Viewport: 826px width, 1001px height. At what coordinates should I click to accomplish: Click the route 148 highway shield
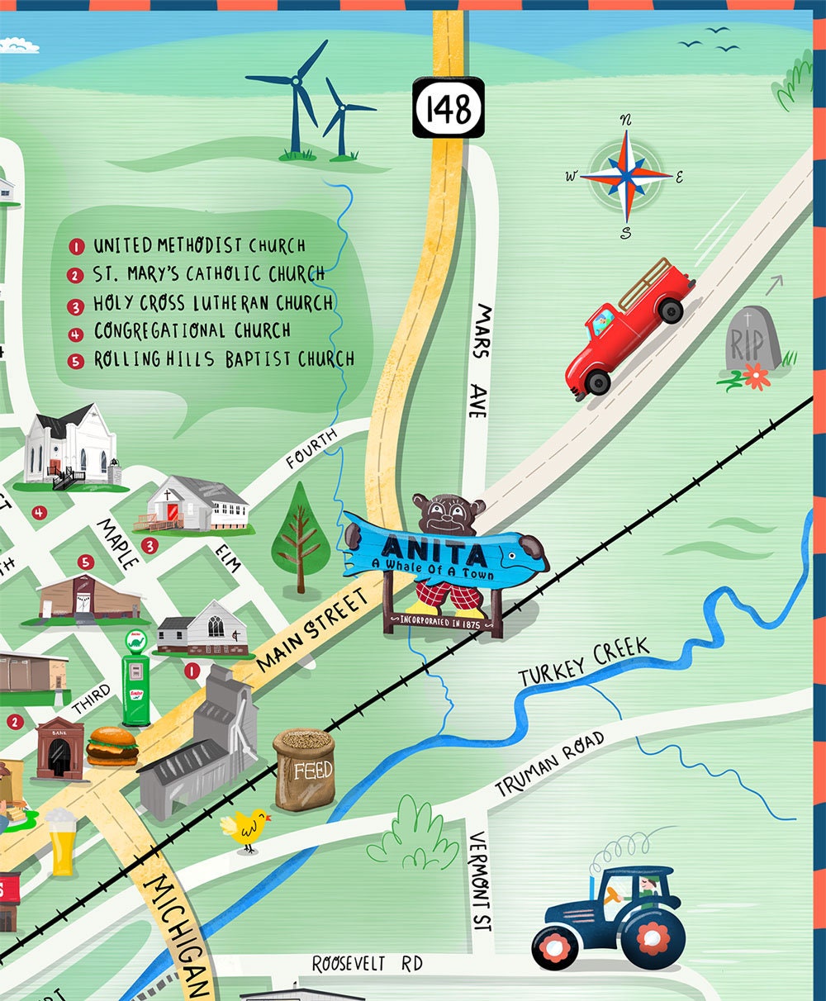(x=449, y=107)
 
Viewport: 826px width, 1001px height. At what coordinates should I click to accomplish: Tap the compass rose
(x=626, y=175)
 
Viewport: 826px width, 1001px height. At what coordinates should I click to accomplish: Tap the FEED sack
(x=305, y=769)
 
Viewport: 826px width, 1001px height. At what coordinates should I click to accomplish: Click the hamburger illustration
(x=112, y=745)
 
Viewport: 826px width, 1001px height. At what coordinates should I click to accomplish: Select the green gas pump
(x=136, y=679)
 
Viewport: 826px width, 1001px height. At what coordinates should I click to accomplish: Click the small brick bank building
(x=59, y=748)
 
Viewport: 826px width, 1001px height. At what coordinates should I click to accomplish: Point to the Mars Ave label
(x=480, y=360)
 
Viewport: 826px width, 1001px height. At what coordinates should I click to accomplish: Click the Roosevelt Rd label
(x=367, y=964)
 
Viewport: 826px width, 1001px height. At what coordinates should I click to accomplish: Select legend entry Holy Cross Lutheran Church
(x=212, y=303)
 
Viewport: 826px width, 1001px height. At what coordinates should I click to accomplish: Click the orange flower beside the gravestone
(x=755, y=376)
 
